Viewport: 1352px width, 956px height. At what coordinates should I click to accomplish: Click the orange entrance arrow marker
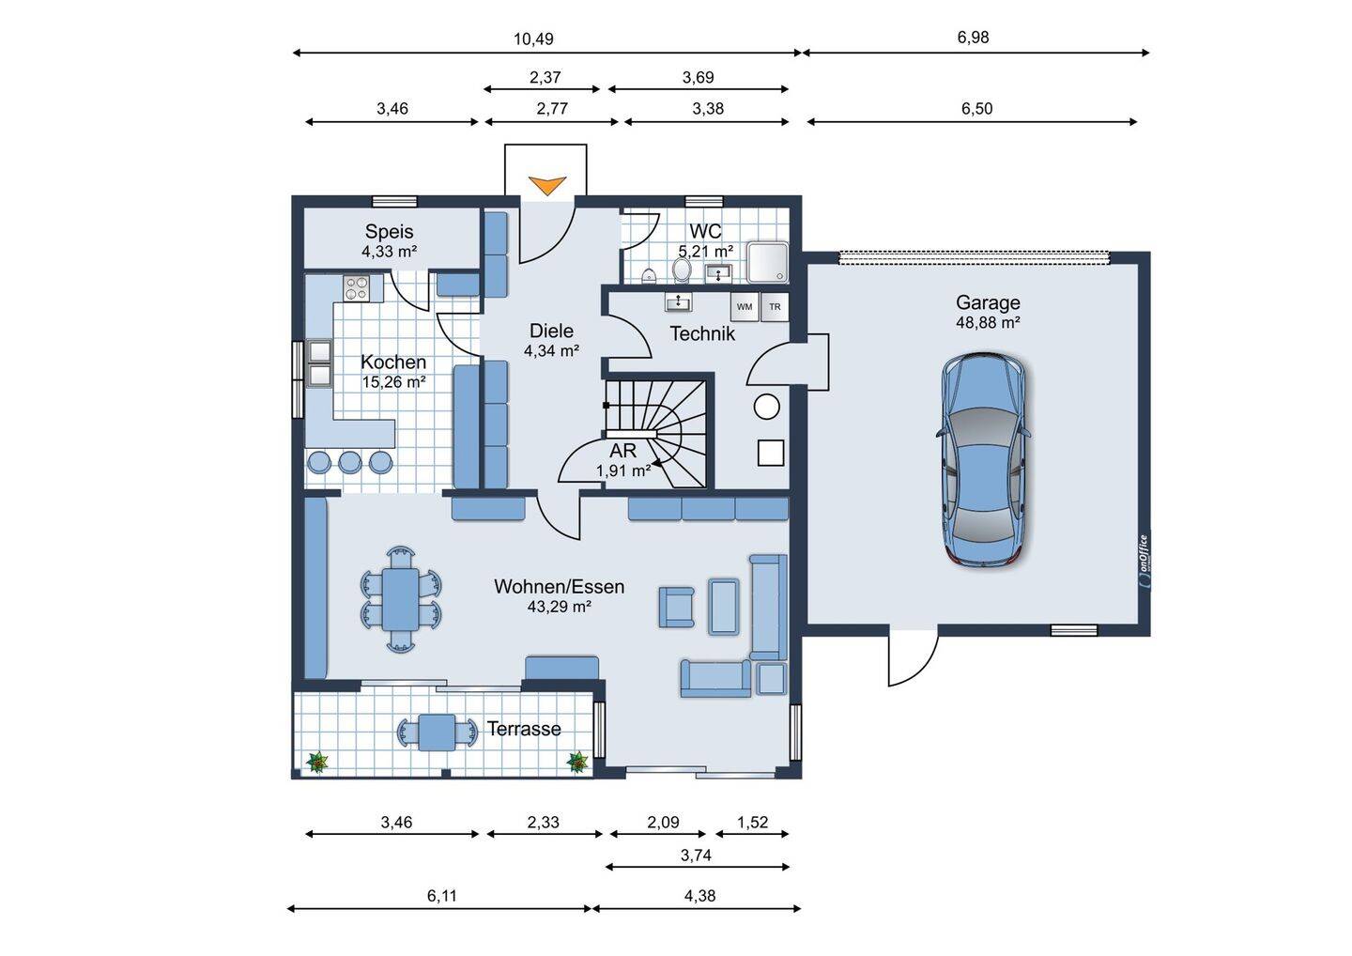click(x=546, y=185)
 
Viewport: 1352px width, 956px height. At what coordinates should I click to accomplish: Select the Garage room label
click(x=988, y=302)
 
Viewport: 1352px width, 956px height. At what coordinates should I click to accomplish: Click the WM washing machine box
click(x=745, y=307)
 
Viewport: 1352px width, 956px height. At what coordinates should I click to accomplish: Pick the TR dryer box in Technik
click(x=775, y=307)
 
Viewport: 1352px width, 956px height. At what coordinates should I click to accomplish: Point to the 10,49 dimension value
click(x=533, y=39)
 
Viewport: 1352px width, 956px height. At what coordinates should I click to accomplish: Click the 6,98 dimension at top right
click(x=973, y=38)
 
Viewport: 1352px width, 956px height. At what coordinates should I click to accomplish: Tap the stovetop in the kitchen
click(x=356, y=288)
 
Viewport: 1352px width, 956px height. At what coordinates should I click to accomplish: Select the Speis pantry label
click(x=390, y=231)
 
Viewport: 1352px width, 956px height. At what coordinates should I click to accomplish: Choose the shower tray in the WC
click(x=768, y=263)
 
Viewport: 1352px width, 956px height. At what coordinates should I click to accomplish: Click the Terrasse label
click(x=524, y=729)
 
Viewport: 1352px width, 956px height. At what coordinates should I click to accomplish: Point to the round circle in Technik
click(x=766, y=407)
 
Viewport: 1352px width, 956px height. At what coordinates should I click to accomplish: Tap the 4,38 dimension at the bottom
click(x=699, y=896)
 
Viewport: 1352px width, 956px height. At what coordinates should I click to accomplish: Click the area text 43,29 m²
click(x=559, y=606)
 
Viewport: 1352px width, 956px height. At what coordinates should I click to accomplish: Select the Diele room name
click(x=551, y=331)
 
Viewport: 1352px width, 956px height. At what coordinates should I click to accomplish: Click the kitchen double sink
click(x=319, y=362)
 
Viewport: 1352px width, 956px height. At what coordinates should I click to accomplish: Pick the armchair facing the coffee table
click(x=676, y=607)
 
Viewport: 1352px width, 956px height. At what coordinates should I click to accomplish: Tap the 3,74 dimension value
click(x=696, y=856)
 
